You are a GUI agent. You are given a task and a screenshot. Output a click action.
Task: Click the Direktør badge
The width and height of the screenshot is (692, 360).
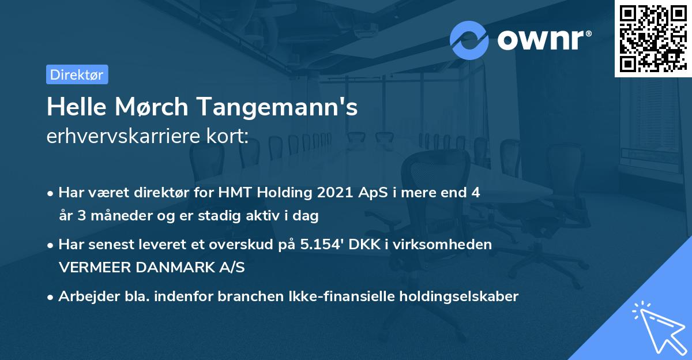77,74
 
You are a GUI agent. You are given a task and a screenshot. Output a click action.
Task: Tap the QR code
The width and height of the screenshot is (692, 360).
653,38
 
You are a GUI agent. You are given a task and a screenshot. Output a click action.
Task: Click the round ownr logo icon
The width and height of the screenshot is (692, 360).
469,40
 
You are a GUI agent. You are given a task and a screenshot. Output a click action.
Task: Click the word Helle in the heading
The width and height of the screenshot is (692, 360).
74,107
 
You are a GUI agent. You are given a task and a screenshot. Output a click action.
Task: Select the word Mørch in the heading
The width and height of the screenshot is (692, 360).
150,107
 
